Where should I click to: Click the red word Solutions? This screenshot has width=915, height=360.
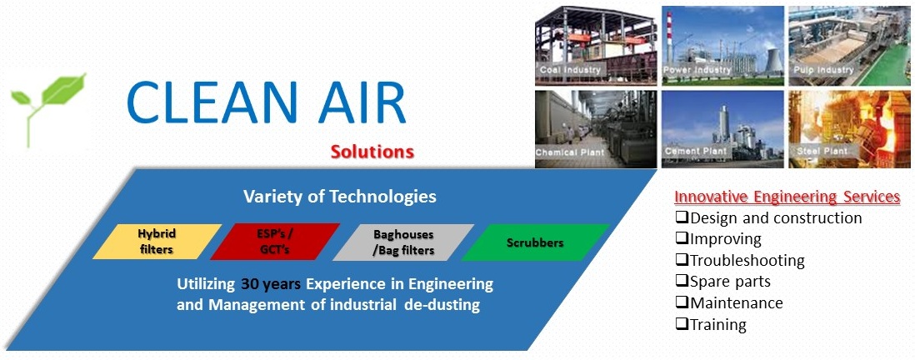pyautogui.click(x=372, y=152)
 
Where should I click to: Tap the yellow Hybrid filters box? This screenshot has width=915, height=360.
pyautogui.click(x=157, y=242)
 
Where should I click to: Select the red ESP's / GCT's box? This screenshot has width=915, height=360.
pyautogui.click(x=275, y=242)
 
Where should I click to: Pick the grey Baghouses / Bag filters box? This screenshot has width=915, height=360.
pyautogui.click(x=403, y=242)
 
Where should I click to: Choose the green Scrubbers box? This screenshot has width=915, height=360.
pyautogui.click(x=535, y=242)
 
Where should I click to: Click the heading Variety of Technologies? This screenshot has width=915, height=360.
pyautogui.click(x=340, y=196)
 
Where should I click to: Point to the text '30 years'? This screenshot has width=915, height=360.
pyautogui.click(x=271, y=285)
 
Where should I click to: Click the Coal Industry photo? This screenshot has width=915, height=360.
pyautogui.click(x=596, y=46)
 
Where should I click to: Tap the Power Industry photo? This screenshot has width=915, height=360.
pyautogui.click(x=723, y=46)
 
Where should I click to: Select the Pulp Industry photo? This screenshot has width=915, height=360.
pyautogui.click(x=850, y=46)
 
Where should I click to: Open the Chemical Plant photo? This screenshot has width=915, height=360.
pyautogui.click(x=596, y=129)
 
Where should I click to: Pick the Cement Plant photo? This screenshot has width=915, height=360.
pyautogui.click(x=723, y=129)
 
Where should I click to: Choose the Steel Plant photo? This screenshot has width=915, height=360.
pyautogui.click(x=850, y=129)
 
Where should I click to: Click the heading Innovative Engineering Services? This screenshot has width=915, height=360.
pyautogui.click(x=787, y=197)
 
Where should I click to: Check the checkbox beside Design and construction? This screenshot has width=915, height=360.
pyautogui.click(x=682, y=218)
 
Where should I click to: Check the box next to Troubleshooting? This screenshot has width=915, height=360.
pyautogui.click(x=682, y=260)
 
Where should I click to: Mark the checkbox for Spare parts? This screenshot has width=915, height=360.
pyautogui.click(x=682, y=281)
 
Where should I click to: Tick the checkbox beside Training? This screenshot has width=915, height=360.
pyautogui.click(x=682, y=324)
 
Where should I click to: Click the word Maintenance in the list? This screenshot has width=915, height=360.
pyautogui.click(x=737, y=302)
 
